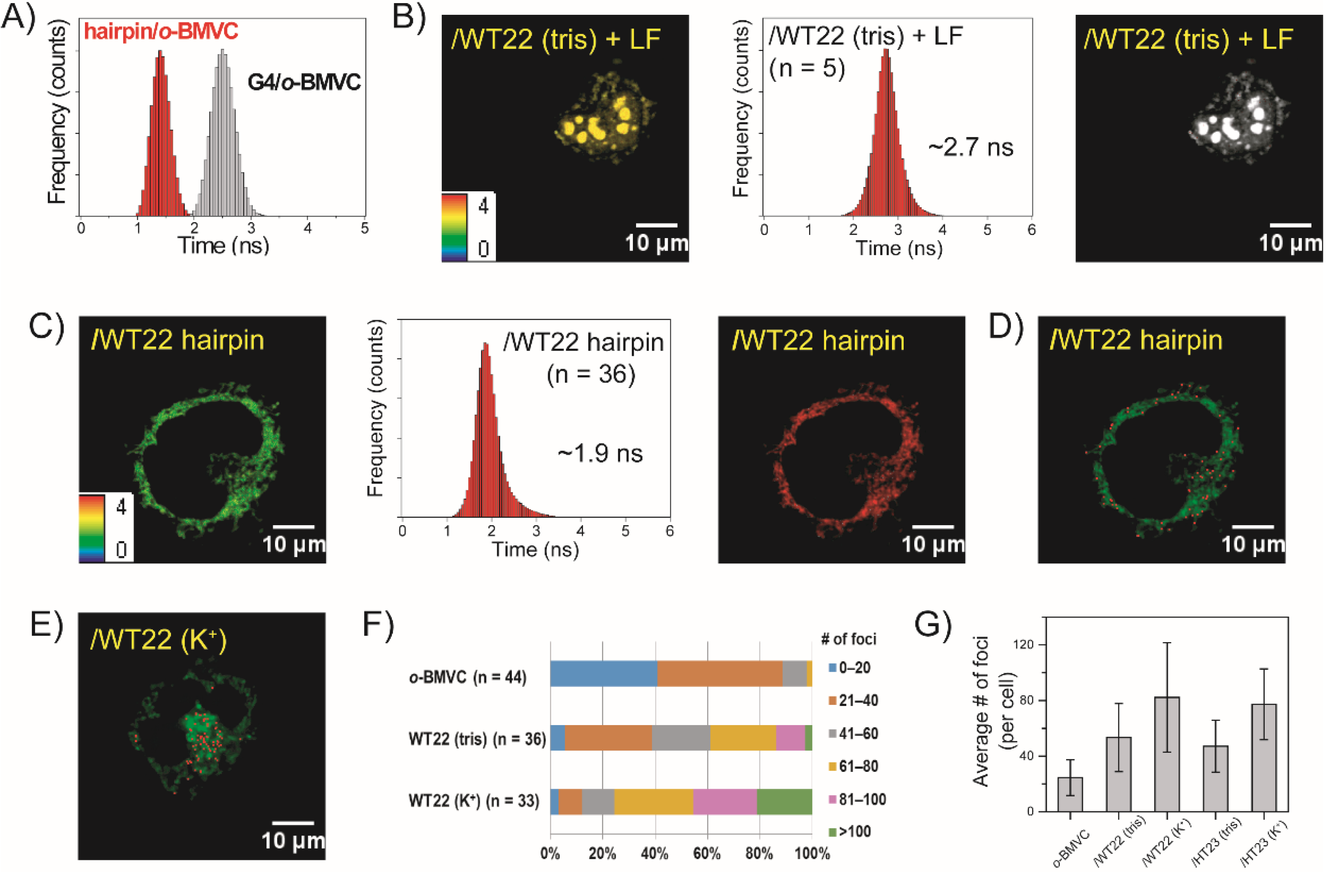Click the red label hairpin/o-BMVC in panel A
[x=161, y=31]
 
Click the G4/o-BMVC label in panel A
[x=304, y=83]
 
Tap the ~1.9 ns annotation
[x=600, y=453]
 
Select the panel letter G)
[x=932, y=624]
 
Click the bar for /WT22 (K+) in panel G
[x=1167, y=754]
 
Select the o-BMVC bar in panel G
[x=1070, y=794]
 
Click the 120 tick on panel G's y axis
[x=1026, y=644]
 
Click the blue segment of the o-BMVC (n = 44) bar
[x=603, y=674]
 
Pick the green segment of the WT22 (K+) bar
[x=784, y=801]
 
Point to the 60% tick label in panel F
[x=707, y=854]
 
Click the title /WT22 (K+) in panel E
[x=159, y=639]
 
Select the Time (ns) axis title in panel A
[x=223, y=245]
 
